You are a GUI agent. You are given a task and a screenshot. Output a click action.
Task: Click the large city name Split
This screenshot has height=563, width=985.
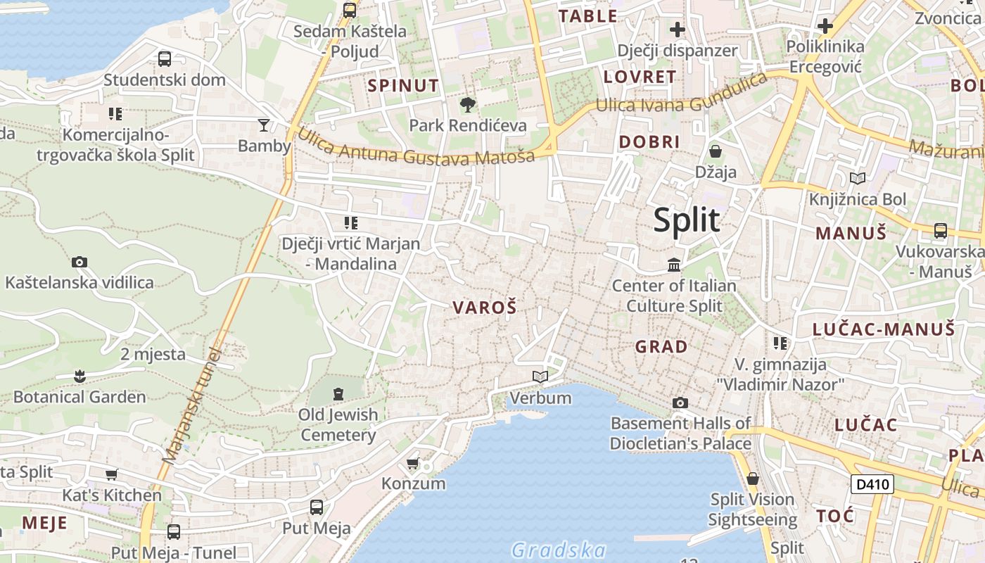(686, 221)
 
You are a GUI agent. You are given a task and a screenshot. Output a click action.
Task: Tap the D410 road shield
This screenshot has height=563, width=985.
(872, 484)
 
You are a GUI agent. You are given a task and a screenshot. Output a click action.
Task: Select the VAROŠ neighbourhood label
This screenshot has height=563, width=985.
(485, 308)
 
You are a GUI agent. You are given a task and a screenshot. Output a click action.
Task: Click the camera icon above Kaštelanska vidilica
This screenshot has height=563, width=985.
(80, 262)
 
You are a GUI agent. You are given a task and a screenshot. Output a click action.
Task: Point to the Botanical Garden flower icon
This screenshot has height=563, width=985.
(80, 376)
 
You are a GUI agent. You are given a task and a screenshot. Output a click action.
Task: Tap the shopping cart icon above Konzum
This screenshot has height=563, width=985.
(413, 463)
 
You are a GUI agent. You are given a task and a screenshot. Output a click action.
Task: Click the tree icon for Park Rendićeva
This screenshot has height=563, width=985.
(467, 106)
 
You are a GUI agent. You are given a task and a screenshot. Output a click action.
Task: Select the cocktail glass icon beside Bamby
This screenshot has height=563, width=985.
(264, 125)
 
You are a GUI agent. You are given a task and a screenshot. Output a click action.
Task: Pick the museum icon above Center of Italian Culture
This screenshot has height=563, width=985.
(674, 265)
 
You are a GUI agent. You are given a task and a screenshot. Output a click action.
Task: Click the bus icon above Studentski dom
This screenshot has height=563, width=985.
(165, 59)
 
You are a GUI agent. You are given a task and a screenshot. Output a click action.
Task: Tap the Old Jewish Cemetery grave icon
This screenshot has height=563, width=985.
(338, 393)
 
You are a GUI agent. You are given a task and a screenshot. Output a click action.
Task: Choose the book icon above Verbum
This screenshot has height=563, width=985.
(540, 377)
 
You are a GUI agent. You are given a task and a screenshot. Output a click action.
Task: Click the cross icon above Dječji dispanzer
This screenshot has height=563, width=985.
(678, 30)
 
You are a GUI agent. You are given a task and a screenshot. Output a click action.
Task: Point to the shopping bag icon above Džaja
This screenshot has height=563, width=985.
(716, 151)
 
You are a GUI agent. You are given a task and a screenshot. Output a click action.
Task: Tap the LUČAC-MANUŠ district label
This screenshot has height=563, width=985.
(883, 329)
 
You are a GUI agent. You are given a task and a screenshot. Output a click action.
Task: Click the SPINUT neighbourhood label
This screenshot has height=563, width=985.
(403, 86)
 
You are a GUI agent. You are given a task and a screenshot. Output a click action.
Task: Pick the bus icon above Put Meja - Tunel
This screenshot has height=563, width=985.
(173, 532)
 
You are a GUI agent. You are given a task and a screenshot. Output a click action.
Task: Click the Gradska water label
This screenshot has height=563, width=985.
(559, 550)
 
